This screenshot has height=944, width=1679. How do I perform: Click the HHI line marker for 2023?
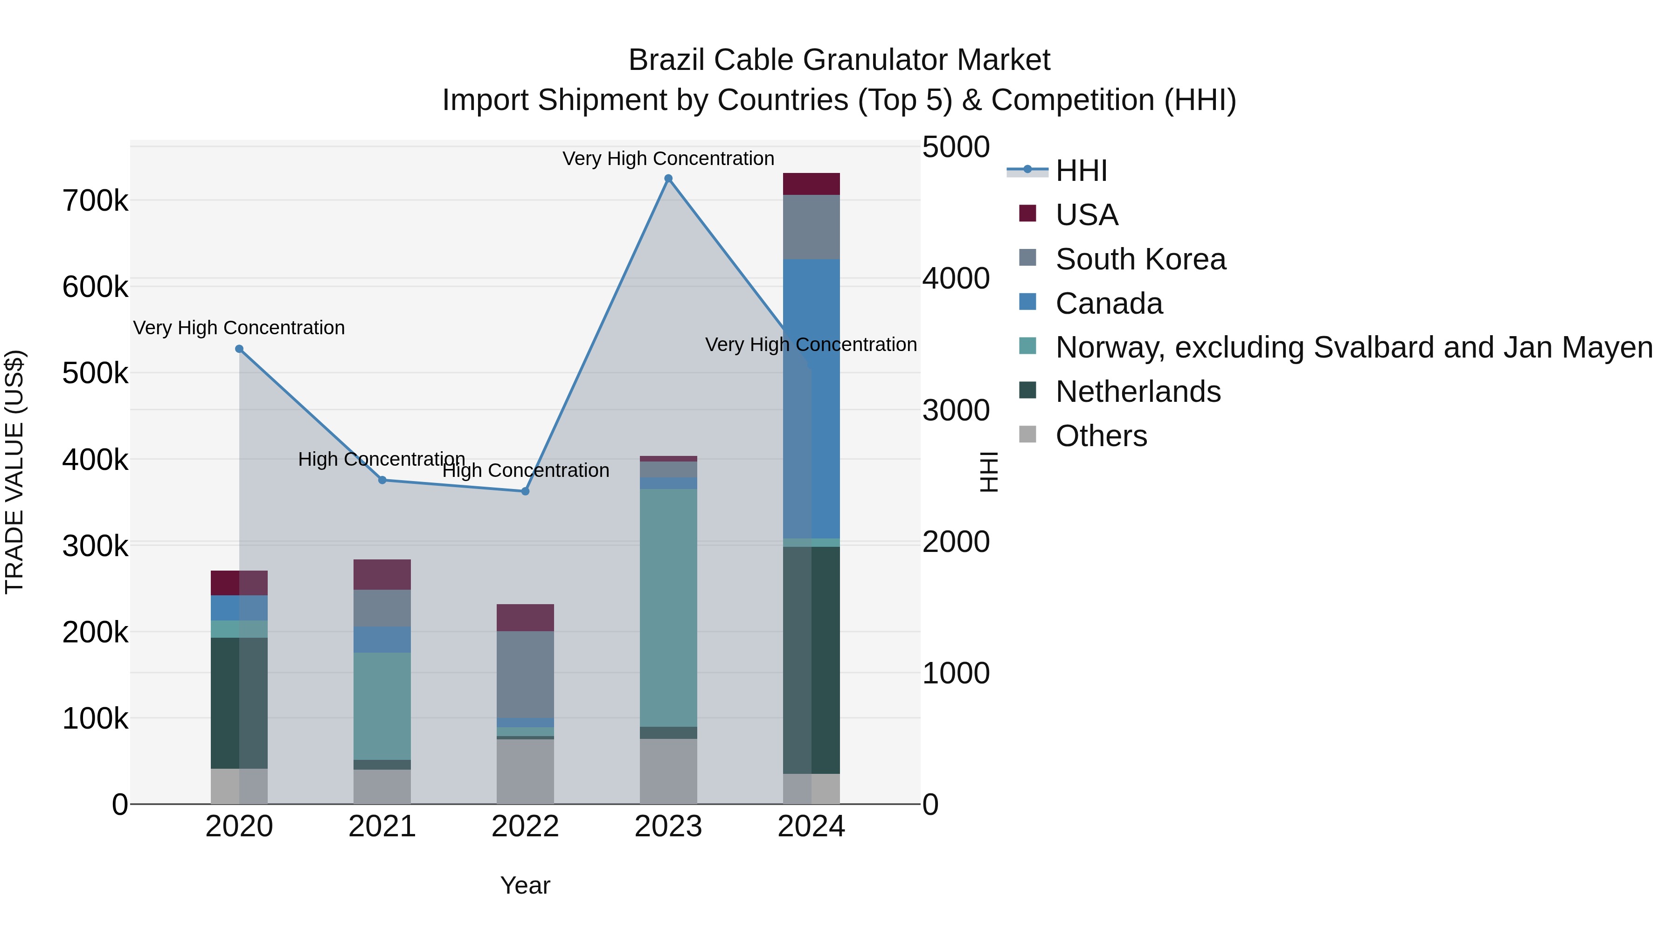[x=668, y=179]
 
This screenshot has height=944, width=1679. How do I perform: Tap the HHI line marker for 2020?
[x=239, y=349]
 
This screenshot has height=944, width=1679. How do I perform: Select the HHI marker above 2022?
[x=525, y=491]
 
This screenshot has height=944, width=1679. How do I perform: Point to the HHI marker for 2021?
[x=382, y=480]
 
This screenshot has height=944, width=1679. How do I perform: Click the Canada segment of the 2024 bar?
[x=812, y=399]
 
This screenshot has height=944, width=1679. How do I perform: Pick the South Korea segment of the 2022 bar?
[x=525, y=674]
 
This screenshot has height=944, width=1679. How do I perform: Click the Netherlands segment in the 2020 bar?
[x=239, y=703]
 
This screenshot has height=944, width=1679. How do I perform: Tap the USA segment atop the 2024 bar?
[x=812, y=184]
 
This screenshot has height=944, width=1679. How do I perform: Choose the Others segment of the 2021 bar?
[x=382, y=786]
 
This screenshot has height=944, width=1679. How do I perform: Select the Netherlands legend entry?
[x=1138, y=392]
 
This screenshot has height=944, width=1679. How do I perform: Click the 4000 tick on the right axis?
[x=956, y=279]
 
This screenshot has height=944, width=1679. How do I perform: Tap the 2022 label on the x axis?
[x=525, y=827]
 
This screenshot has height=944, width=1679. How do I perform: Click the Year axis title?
[x=525, y=885]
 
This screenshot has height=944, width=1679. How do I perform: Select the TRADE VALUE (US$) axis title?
[x=14, y=472]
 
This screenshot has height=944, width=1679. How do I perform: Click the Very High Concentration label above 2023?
[x=668, y=158]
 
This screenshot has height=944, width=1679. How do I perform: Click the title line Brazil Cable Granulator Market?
[x=839, y=60]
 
